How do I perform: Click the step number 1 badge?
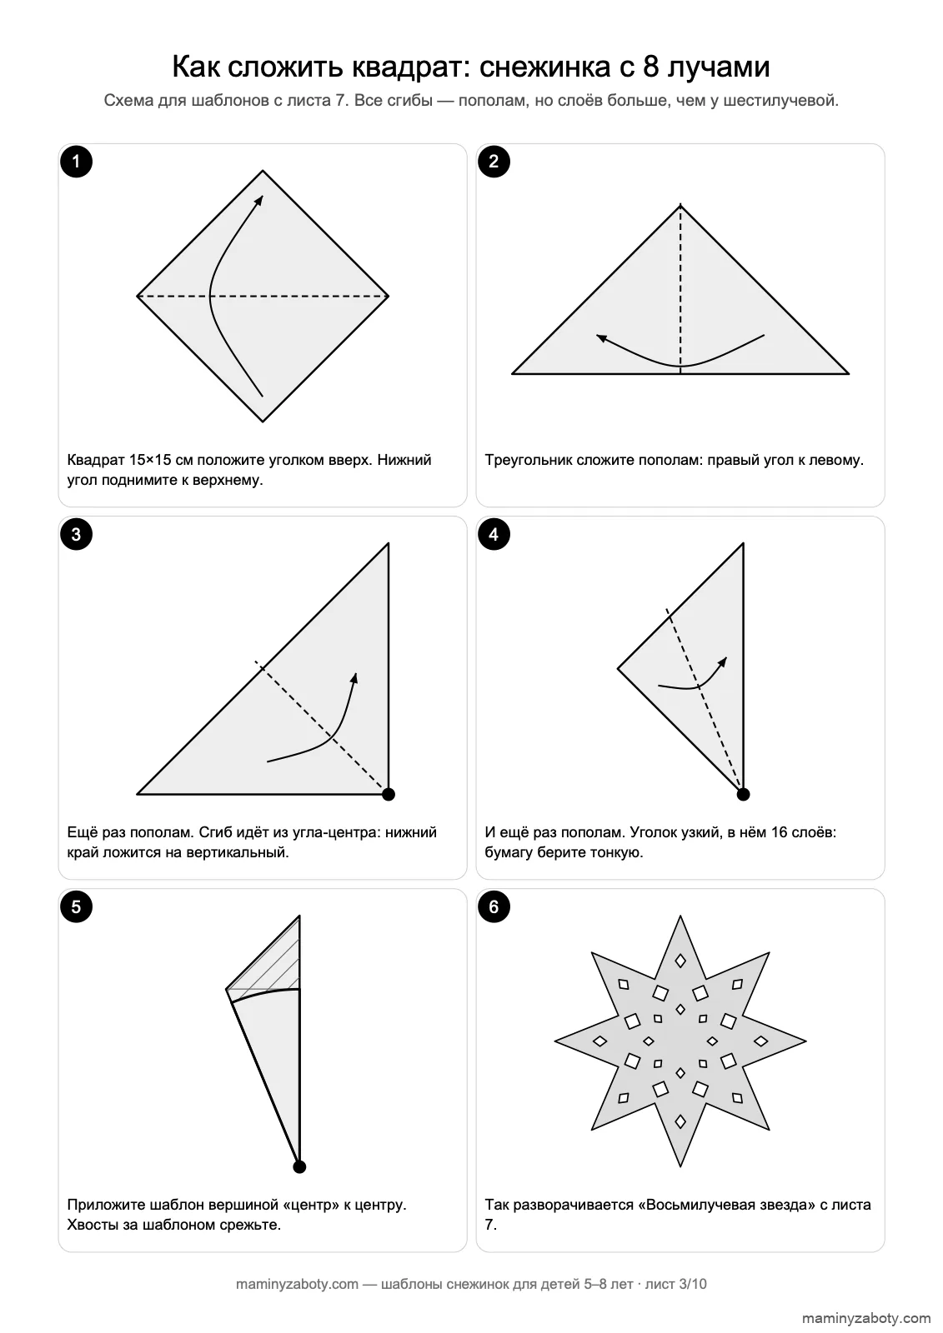(76, 162)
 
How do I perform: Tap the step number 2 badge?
(494, 162)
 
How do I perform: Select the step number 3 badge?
(76, 534)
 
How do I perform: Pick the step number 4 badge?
(494, 534)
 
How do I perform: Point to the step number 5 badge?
(76, 906)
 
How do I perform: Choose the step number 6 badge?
(494, 906)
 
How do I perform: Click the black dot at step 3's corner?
(389, 794)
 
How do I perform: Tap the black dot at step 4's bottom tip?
(743, 794)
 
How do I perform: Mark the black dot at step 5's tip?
(299, 1166)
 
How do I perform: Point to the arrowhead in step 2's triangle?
(602, 338)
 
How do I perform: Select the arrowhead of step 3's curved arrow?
(354, 678)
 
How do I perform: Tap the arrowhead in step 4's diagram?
(723, 662)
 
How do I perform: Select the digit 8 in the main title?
(650, 66)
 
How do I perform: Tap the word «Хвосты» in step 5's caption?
(93, 1224)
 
